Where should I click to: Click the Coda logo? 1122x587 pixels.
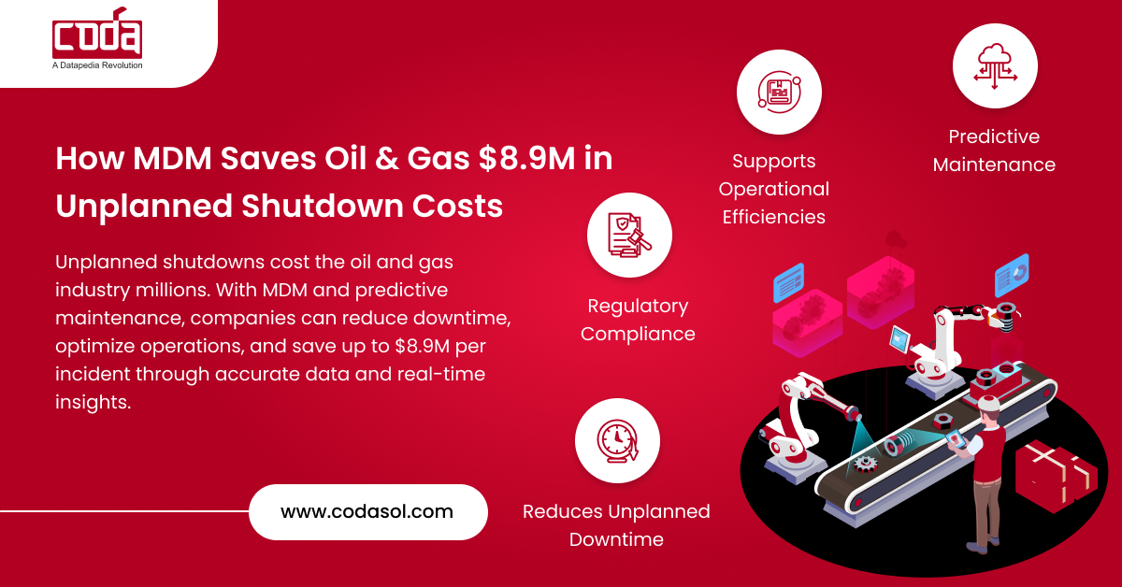tap(97, 37)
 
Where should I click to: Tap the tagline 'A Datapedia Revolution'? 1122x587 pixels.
tap(97, 66)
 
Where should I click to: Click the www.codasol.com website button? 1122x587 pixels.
tap(367, 511)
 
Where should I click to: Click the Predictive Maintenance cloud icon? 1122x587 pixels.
tap(995, 66)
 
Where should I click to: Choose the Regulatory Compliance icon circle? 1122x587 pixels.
tap(629, 236)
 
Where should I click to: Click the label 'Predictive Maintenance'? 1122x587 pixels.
tap(994, 150)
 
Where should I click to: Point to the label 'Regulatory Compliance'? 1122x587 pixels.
tap(638, 320)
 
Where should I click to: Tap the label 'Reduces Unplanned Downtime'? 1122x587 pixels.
tap(616, 525)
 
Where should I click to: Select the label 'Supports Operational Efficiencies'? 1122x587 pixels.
tap(773, 189)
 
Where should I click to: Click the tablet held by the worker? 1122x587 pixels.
tap(956, 439)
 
